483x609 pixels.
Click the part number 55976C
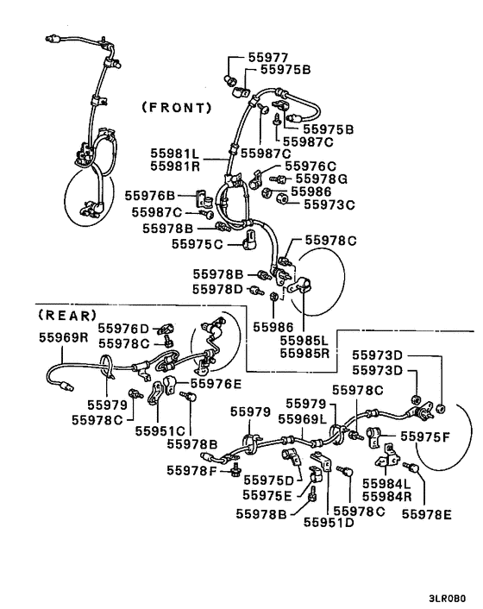(310, 166)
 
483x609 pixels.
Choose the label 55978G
(318, 179)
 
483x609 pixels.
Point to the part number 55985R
(303, 352)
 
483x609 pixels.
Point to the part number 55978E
(428, 514)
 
